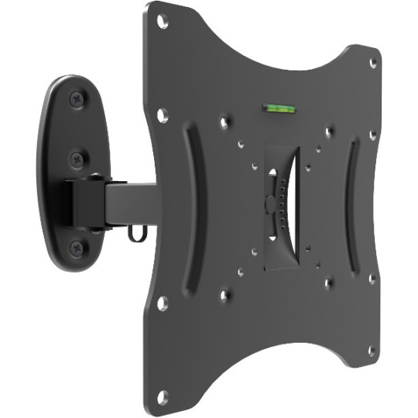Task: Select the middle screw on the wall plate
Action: tap(77, 159)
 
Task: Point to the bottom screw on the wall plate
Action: tap(77, 248)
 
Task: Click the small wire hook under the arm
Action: tap(136, 231)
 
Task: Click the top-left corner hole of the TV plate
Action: tap(162, 21)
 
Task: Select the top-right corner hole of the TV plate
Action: tap(373, 63)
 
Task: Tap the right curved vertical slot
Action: tap(351, 205)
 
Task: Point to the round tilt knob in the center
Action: tap(269, 205)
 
